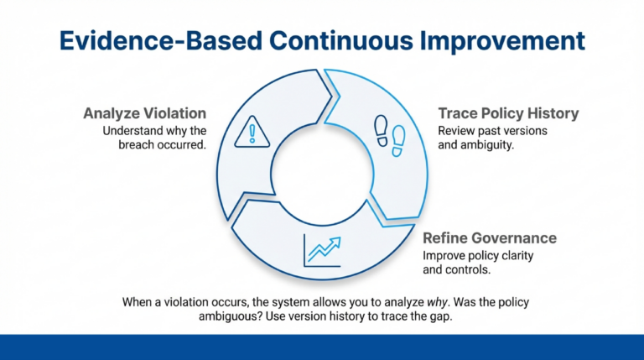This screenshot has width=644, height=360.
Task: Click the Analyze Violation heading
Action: pos(144,113)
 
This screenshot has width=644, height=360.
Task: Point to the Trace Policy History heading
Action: pos(508,113)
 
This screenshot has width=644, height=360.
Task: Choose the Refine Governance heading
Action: pos(490,238)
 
